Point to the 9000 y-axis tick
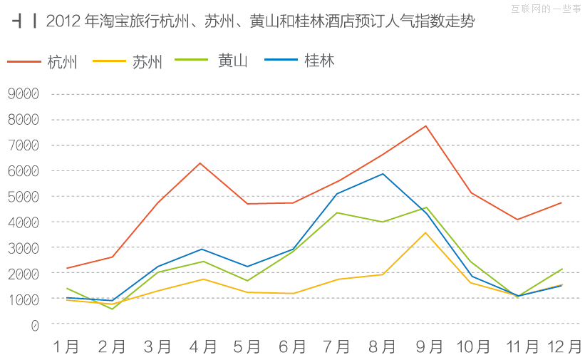click(x=24, y=93)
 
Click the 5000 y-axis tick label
click(x=24, y=196)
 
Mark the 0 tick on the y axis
click(x=35, y=324)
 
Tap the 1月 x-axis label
click(x=66, y=346)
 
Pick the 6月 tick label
click(x=292, y=346)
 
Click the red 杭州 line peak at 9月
click(x=425, y=126)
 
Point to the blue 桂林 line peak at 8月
click(x=383, y=173)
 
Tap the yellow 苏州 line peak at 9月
click(x=425, y=232)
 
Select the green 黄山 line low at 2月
click(x=112, y=309)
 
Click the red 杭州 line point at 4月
click(x=201, y=163)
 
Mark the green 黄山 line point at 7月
click(x=337, y=212)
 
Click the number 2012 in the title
click(x=63, y=21)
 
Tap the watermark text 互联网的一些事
click(x=546, y=9)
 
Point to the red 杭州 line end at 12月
click(x=561, y=202)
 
